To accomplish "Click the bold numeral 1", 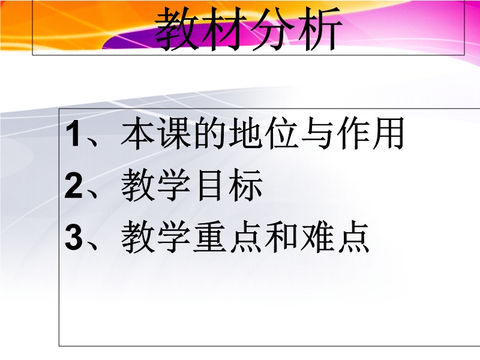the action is pos(73,133).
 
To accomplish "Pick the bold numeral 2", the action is pos(73,185).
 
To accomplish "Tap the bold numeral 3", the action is pos(73,237).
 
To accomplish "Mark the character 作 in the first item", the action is pos(353,133).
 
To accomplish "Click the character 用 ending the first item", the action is pos(388,133).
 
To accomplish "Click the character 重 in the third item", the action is pos(209,237).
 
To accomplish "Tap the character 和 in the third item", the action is pos(281,237).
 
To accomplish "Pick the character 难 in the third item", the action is pos(317,237).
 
